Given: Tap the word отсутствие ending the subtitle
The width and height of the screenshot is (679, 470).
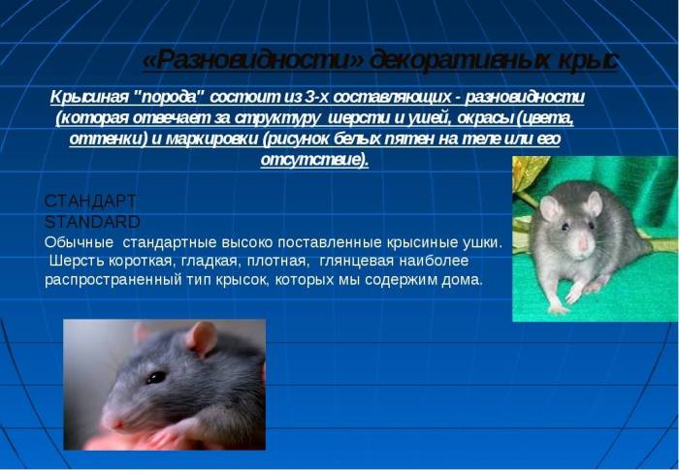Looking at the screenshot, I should pyautogui.click(x=313, y=159).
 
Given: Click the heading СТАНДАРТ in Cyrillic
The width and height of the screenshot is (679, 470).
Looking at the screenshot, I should pyautogui.click(x=91, y=202).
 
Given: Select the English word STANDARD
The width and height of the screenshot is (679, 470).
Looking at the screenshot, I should pyautogui.click(x=93, y=221).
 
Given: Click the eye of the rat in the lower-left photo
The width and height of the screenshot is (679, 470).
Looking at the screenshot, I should pyautogui.click(x=155, y=377).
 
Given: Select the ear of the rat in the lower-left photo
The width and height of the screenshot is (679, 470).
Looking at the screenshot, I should pyautogui.click(x=202, y=338).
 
